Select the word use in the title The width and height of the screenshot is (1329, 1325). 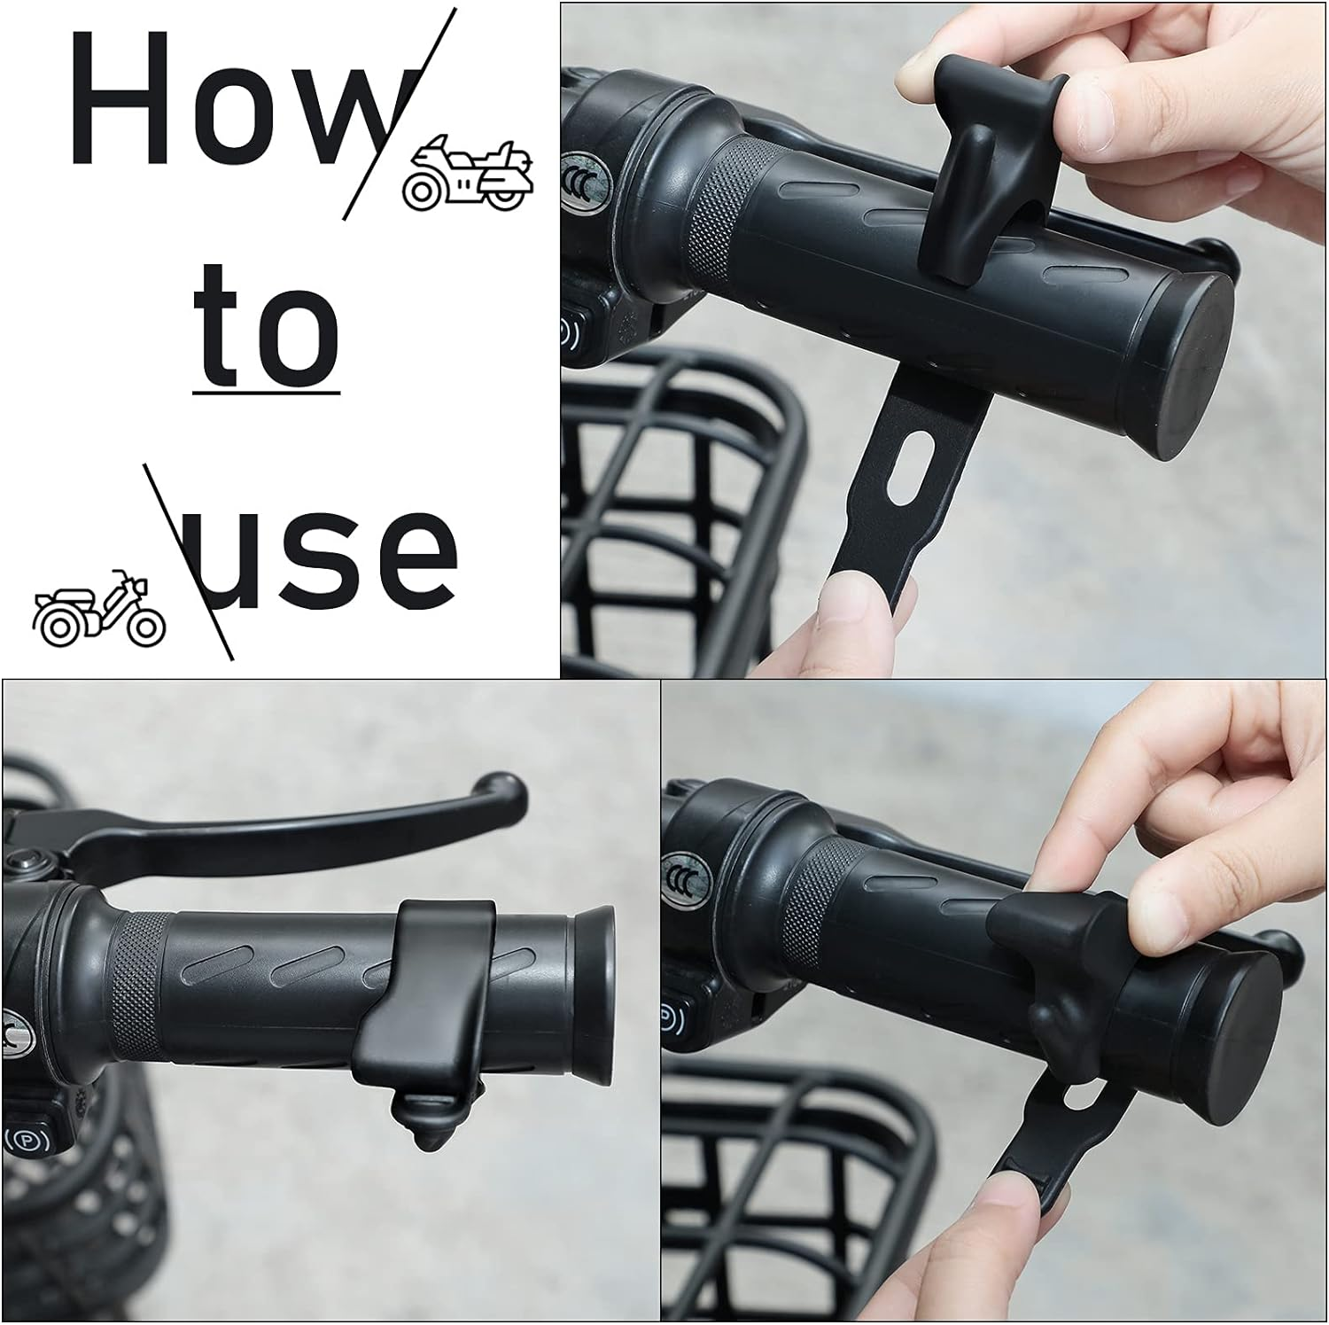319,557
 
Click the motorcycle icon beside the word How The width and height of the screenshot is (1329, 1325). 468,174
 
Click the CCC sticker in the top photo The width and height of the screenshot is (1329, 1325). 578,177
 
